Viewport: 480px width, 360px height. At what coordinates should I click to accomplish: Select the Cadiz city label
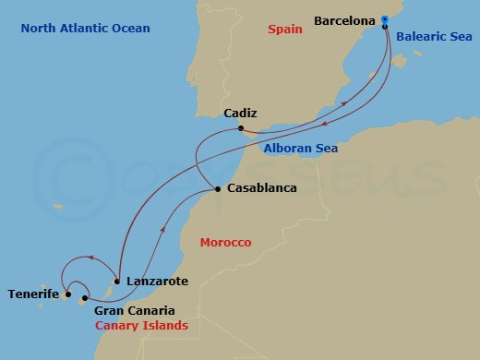[x=240, y=114]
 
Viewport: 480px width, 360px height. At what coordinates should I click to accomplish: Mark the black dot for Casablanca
[x=217, y=189]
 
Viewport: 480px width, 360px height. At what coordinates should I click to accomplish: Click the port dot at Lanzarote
[x=117, y=280]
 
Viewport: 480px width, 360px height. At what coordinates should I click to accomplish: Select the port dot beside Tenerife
[x=68, y=295]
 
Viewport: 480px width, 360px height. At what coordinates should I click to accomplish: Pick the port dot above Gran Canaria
[x=85, y=298]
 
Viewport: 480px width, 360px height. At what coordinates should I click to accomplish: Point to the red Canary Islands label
[x=141, y=327]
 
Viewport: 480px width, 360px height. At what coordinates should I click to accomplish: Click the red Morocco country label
[x=225, y=242]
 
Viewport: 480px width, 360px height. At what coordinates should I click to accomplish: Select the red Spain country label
[x=285, y=30]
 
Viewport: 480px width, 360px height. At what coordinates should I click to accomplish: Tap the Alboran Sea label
[x=300, y=148]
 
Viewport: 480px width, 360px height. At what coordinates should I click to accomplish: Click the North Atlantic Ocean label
[x=85, y=30]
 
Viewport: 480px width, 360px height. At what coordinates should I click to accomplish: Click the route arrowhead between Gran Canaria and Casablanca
[x=164, y=231]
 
